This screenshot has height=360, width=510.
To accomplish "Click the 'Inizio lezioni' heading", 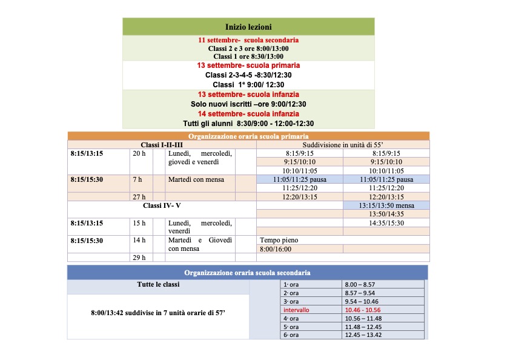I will pyautogui.click(x=248, y=27).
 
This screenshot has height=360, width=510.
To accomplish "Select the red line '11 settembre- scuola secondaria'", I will pyautogui.click(x=248, y=40).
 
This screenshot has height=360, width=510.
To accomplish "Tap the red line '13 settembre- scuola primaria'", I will pyautogui.click(x=248, y=65).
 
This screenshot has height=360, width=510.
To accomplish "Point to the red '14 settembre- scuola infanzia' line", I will pyautogui.click(x=248, y=113).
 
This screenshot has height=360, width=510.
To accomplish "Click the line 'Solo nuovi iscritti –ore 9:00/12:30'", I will pyautogui.click(x=248, y=104).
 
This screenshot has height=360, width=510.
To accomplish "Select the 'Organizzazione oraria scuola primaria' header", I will pyautogui.click(x=248, y=136).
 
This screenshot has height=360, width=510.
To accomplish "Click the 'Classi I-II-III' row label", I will pyautogui.click(x=161, y=145).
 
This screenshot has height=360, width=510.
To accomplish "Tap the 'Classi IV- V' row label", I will pyautogui.click(x=161, y=205).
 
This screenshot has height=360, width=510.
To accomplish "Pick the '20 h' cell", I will pyautogui.click(x=139, y=153).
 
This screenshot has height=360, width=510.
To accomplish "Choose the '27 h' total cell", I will pyautogui.click(x=139, y=197).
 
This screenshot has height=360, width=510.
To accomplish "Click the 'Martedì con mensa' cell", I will pyautogui.click(x=196, y=179).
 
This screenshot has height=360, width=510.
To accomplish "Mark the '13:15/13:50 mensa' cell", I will pyautogui.click(x=386, y=205).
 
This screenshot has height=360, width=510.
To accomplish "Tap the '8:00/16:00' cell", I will pyautogui.click(x=275, y=248).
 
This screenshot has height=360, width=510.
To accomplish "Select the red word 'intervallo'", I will pyautogui.click(x=296, y=310).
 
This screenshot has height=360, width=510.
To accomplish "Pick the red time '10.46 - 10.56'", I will pyautogui.click(x=363, y=310).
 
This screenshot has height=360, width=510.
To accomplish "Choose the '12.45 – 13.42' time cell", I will pyautogui.click(x=363, y=335).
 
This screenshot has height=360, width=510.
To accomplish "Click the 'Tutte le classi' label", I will pyautogui.click(x=158, y=284).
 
